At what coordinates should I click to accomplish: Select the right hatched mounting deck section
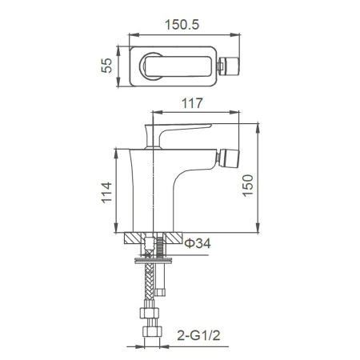coord(170,238)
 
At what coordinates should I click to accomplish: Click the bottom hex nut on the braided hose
coord(149,332)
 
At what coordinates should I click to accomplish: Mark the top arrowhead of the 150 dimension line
coord(258,126)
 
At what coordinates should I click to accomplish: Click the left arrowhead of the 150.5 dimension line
coord(130,34)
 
